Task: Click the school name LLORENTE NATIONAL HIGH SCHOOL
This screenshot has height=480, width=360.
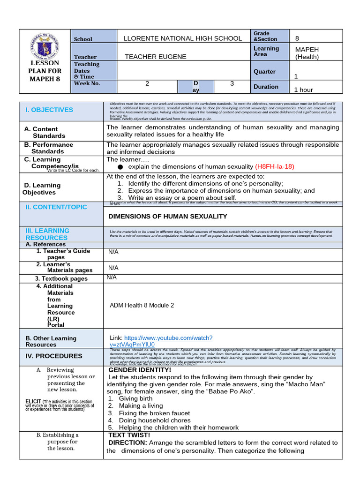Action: pos(182,38)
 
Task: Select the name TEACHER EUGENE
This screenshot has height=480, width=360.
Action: pos(155,57)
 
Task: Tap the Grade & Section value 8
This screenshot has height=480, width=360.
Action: pos(297,38)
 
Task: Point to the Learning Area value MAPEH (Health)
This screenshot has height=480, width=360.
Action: pos(307,53)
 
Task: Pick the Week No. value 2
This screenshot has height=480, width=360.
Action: pos(147,83)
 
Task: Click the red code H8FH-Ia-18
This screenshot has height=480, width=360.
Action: pos(275,166)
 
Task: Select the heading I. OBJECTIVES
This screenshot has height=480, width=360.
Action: pos(49,110)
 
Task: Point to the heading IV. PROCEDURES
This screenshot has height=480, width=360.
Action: pos(54,356)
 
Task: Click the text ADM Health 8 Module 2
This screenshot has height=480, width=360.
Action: pos(142,305)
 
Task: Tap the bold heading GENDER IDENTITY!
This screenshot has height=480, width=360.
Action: pos(140,370)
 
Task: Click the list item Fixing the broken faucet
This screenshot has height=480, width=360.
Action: pos(154,413)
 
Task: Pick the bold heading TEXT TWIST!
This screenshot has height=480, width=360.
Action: pos(130,435)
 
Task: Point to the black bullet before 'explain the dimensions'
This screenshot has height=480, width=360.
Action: pos(120,167)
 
